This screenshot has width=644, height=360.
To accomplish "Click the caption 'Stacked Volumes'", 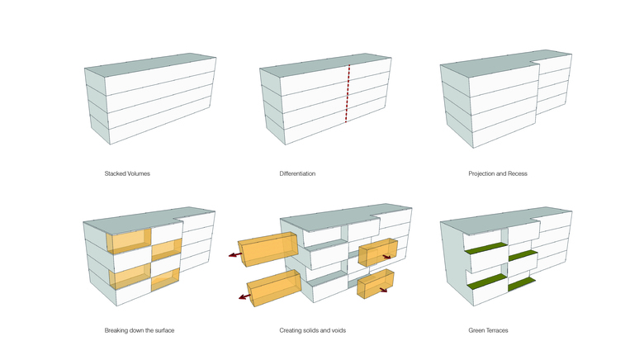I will click(x=127, y=174).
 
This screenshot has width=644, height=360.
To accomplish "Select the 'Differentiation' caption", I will click(x=297, y=174).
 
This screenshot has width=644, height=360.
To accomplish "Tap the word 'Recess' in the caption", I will click(x=516, y=174).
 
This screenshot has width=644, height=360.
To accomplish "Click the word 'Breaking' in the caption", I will click(x=117, y=330).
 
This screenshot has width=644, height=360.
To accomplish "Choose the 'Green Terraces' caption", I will click(x=488, y=330).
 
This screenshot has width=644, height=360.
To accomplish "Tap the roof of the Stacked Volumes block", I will click(x=153, y=66).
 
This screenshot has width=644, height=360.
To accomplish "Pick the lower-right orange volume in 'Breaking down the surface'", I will click(x=165, y=280).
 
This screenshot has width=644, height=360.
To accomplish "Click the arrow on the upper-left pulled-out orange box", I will click(x=234, y=255).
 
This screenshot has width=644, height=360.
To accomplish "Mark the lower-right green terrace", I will click(x=522, y=286).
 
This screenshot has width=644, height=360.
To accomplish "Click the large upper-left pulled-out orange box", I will click(x=266, y=247).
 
